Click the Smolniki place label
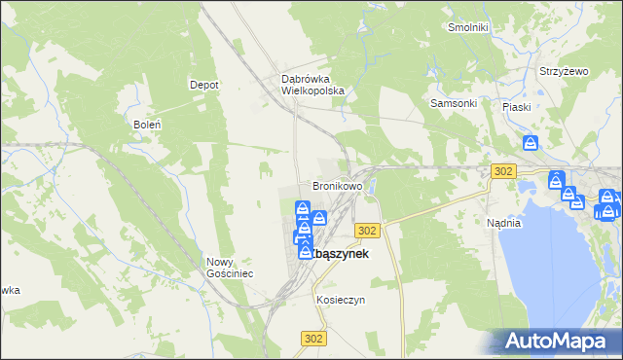click(467, 27)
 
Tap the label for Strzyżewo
click(565, 72)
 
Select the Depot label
click(203, 85)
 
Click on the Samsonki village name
click(453, 103)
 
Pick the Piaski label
click(516, 107)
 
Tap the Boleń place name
click(146, 125)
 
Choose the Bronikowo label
click(337, 185)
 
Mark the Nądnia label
click(503, 223)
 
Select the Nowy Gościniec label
click(230, 268)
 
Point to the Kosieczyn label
click(340, 300)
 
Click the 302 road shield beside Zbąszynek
click(367, 230)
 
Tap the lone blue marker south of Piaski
click(530, 144)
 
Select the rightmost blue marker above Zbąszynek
click(318, 217)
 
